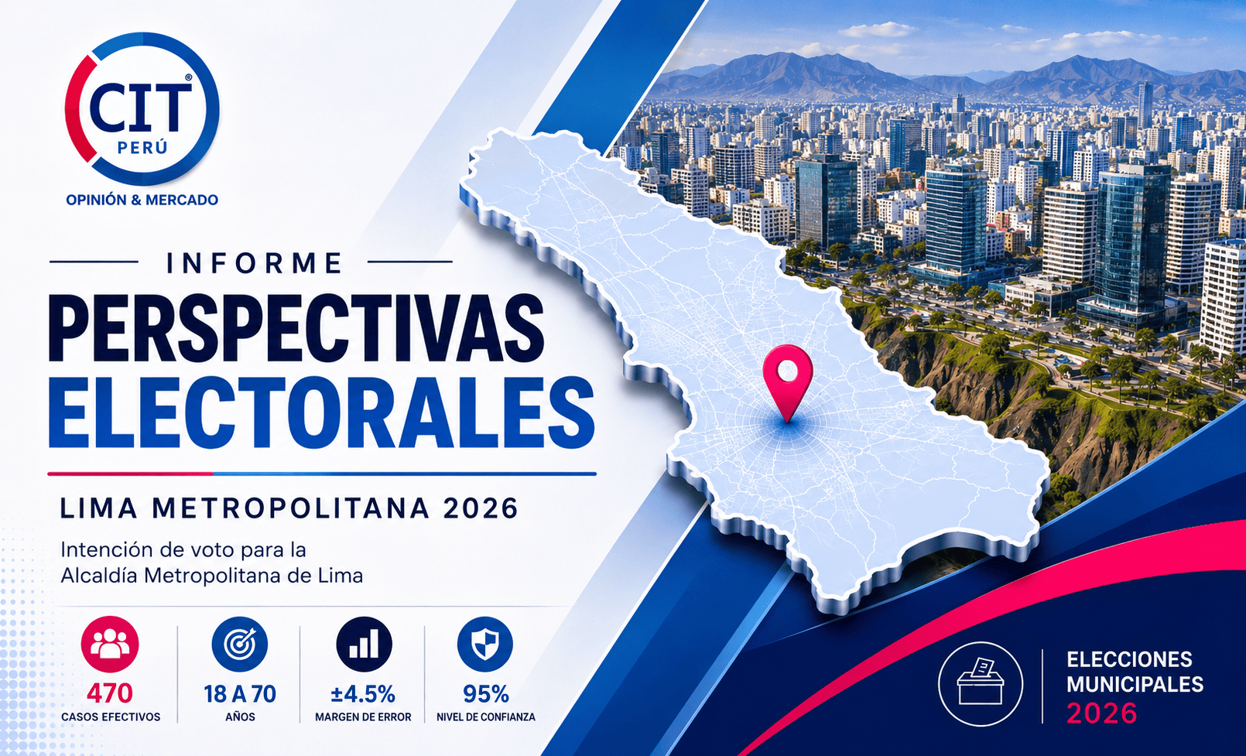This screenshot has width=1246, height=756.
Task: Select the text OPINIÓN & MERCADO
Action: coord(142,200)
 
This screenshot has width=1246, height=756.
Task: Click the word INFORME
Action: coord(254,263)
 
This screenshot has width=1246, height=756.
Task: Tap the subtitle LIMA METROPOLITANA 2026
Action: coord(289,508)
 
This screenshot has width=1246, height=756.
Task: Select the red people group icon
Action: coord(110,645)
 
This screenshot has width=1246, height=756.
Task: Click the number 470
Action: coord(110,693)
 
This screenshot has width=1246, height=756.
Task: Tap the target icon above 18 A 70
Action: coord(240,645)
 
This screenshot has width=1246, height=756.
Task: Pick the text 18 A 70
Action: coord(240,694)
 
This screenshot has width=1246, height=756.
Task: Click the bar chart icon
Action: coord(365,645)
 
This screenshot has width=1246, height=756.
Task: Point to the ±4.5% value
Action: coord(363,694)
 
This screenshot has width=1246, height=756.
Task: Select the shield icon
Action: coord(485,645)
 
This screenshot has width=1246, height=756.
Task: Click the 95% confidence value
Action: coord(486,694)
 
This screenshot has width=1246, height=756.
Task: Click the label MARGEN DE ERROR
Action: coord(363,717)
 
